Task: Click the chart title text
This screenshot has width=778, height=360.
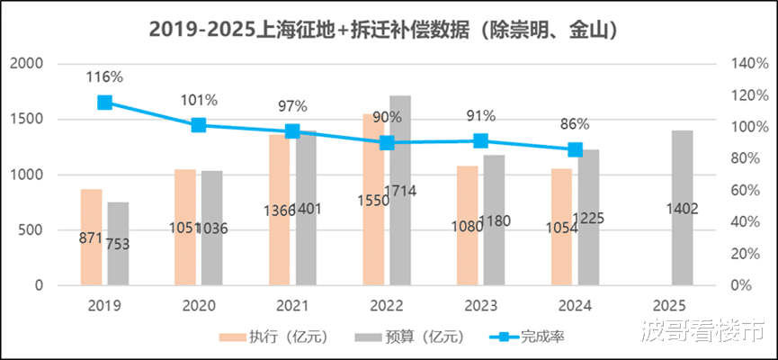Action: coord(389,30)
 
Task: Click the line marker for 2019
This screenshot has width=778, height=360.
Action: coord(105,102)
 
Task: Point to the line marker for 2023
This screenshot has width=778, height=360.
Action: coord(481,140)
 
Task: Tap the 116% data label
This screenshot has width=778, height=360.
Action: coord(104,77)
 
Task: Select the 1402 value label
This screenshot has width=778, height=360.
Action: coord(682,209)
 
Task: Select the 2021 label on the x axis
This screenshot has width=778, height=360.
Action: coord(293,306)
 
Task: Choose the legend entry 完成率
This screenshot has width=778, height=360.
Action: coord(532,337)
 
